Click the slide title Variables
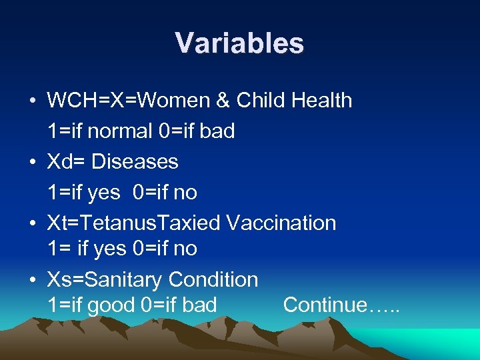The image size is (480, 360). [239, 43]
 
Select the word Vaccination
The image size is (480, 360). [281, 223]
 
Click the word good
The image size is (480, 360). [111, 305]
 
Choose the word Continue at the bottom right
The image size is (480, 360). [326, 305]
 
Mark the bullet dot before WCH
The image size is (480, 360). [32, 101]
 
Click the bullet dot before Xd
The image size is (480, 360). [32, 163]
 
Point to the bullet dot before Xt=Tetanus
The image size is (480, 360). [32, 223]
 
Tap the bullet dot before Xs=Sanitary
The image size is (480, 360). [32, 280]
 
